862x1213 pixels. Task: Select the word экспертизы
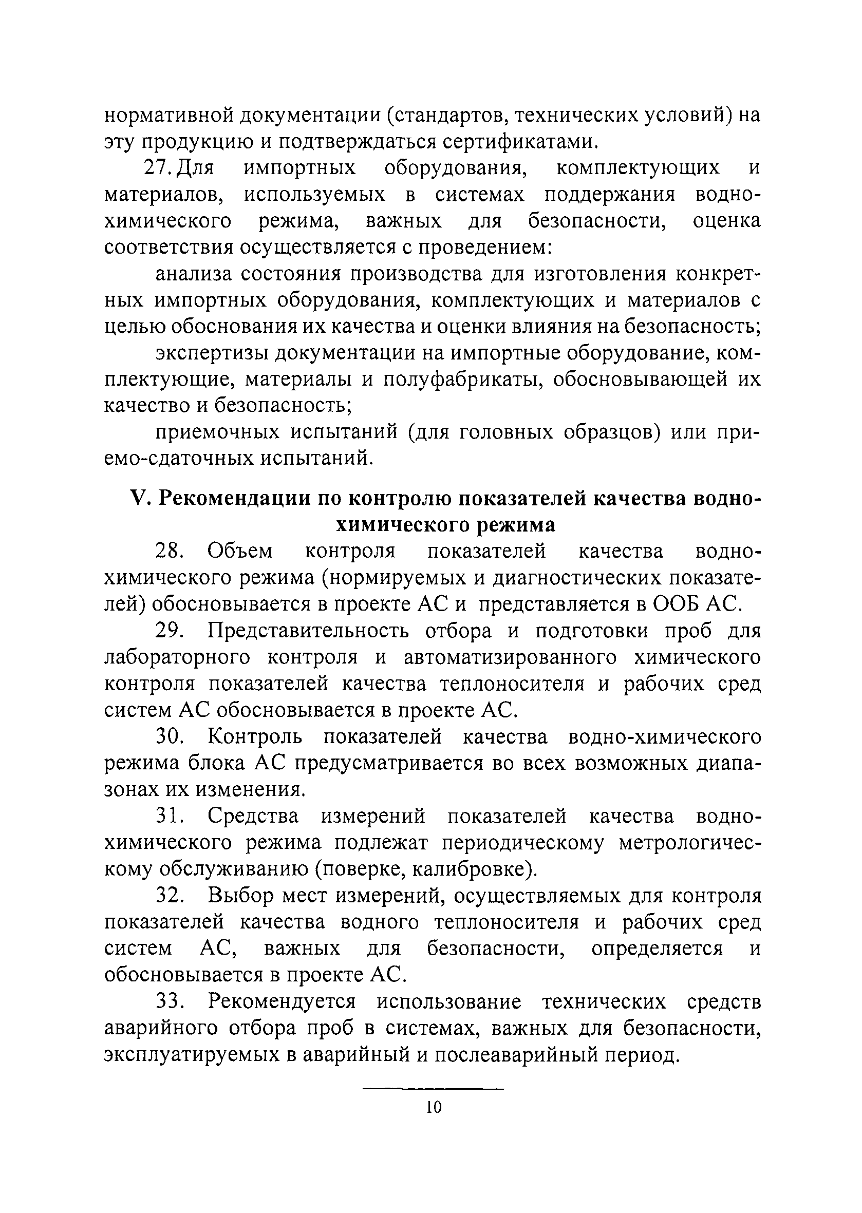tap(212, 353)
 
